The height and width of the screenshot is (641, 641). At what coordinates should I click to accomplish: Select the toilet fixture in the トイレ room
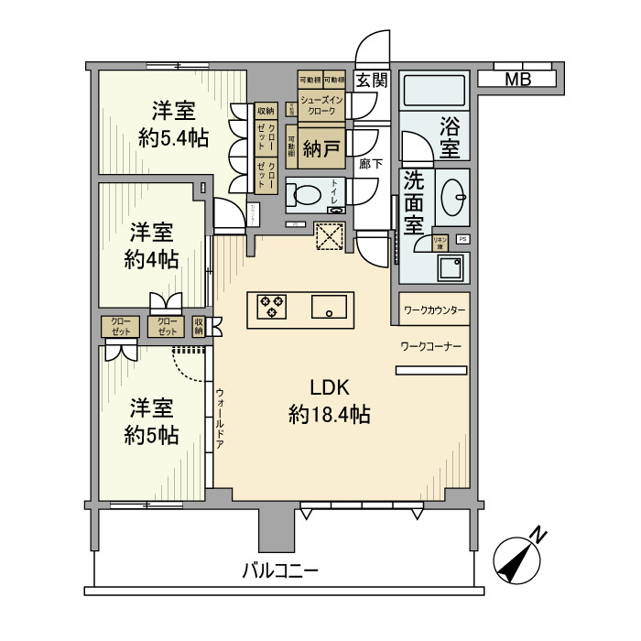point(303,195)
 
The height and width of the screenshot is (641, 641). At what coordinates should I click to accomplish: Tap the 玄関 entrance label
point(372,80)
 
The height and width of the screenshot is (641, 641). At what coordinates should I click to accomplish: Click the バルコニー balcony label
point(280,570)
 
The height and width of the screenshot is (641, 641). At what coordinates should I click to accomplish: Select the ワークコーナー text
point(430,346)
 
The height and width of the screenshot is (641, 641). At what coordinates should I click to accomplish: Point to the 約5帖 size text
point(152,433)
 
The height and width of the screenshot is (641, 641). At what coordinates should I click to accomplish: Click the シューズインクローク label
point(321,105)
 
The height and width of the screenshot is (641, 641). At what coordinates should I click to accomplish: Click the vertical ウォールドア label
point(221,417)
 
